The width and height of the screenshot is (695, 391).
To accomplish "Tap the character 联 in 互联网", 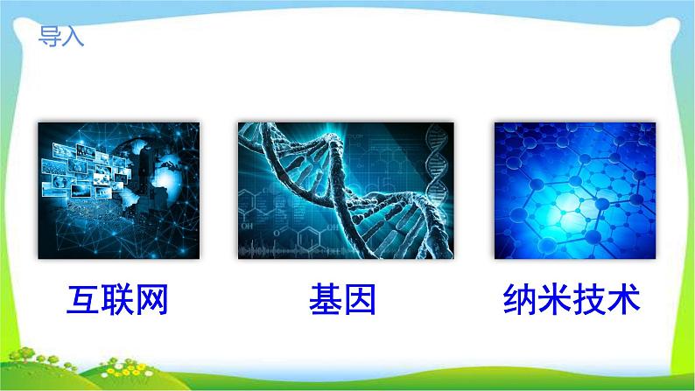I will tap(117, 300).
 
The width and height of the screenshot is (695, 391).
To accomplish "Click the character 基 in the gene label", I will tap(326, 300).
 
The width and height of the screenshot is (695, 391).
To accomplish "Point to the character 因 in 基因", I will tap(360, 300).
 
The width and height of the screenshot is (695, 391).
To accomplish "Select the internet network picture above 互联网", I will tap(117, 191).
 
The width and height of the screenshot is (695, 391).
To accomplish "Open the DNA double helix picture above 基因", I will tap(346, 191).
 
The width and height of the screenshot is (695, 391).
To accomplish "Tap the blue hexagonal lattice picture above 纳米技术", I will tap(574, 191).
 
